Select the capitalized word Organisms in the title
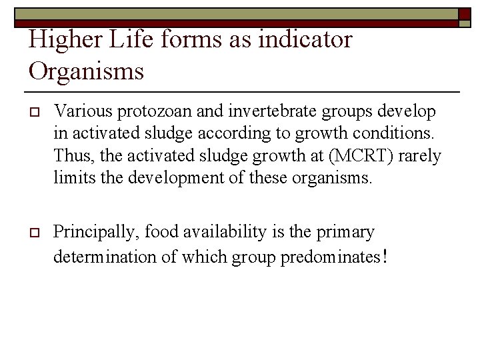(x=86, y=70)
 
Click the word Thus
(x=70, y=157)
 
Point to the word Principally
(x=93, y=233)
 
